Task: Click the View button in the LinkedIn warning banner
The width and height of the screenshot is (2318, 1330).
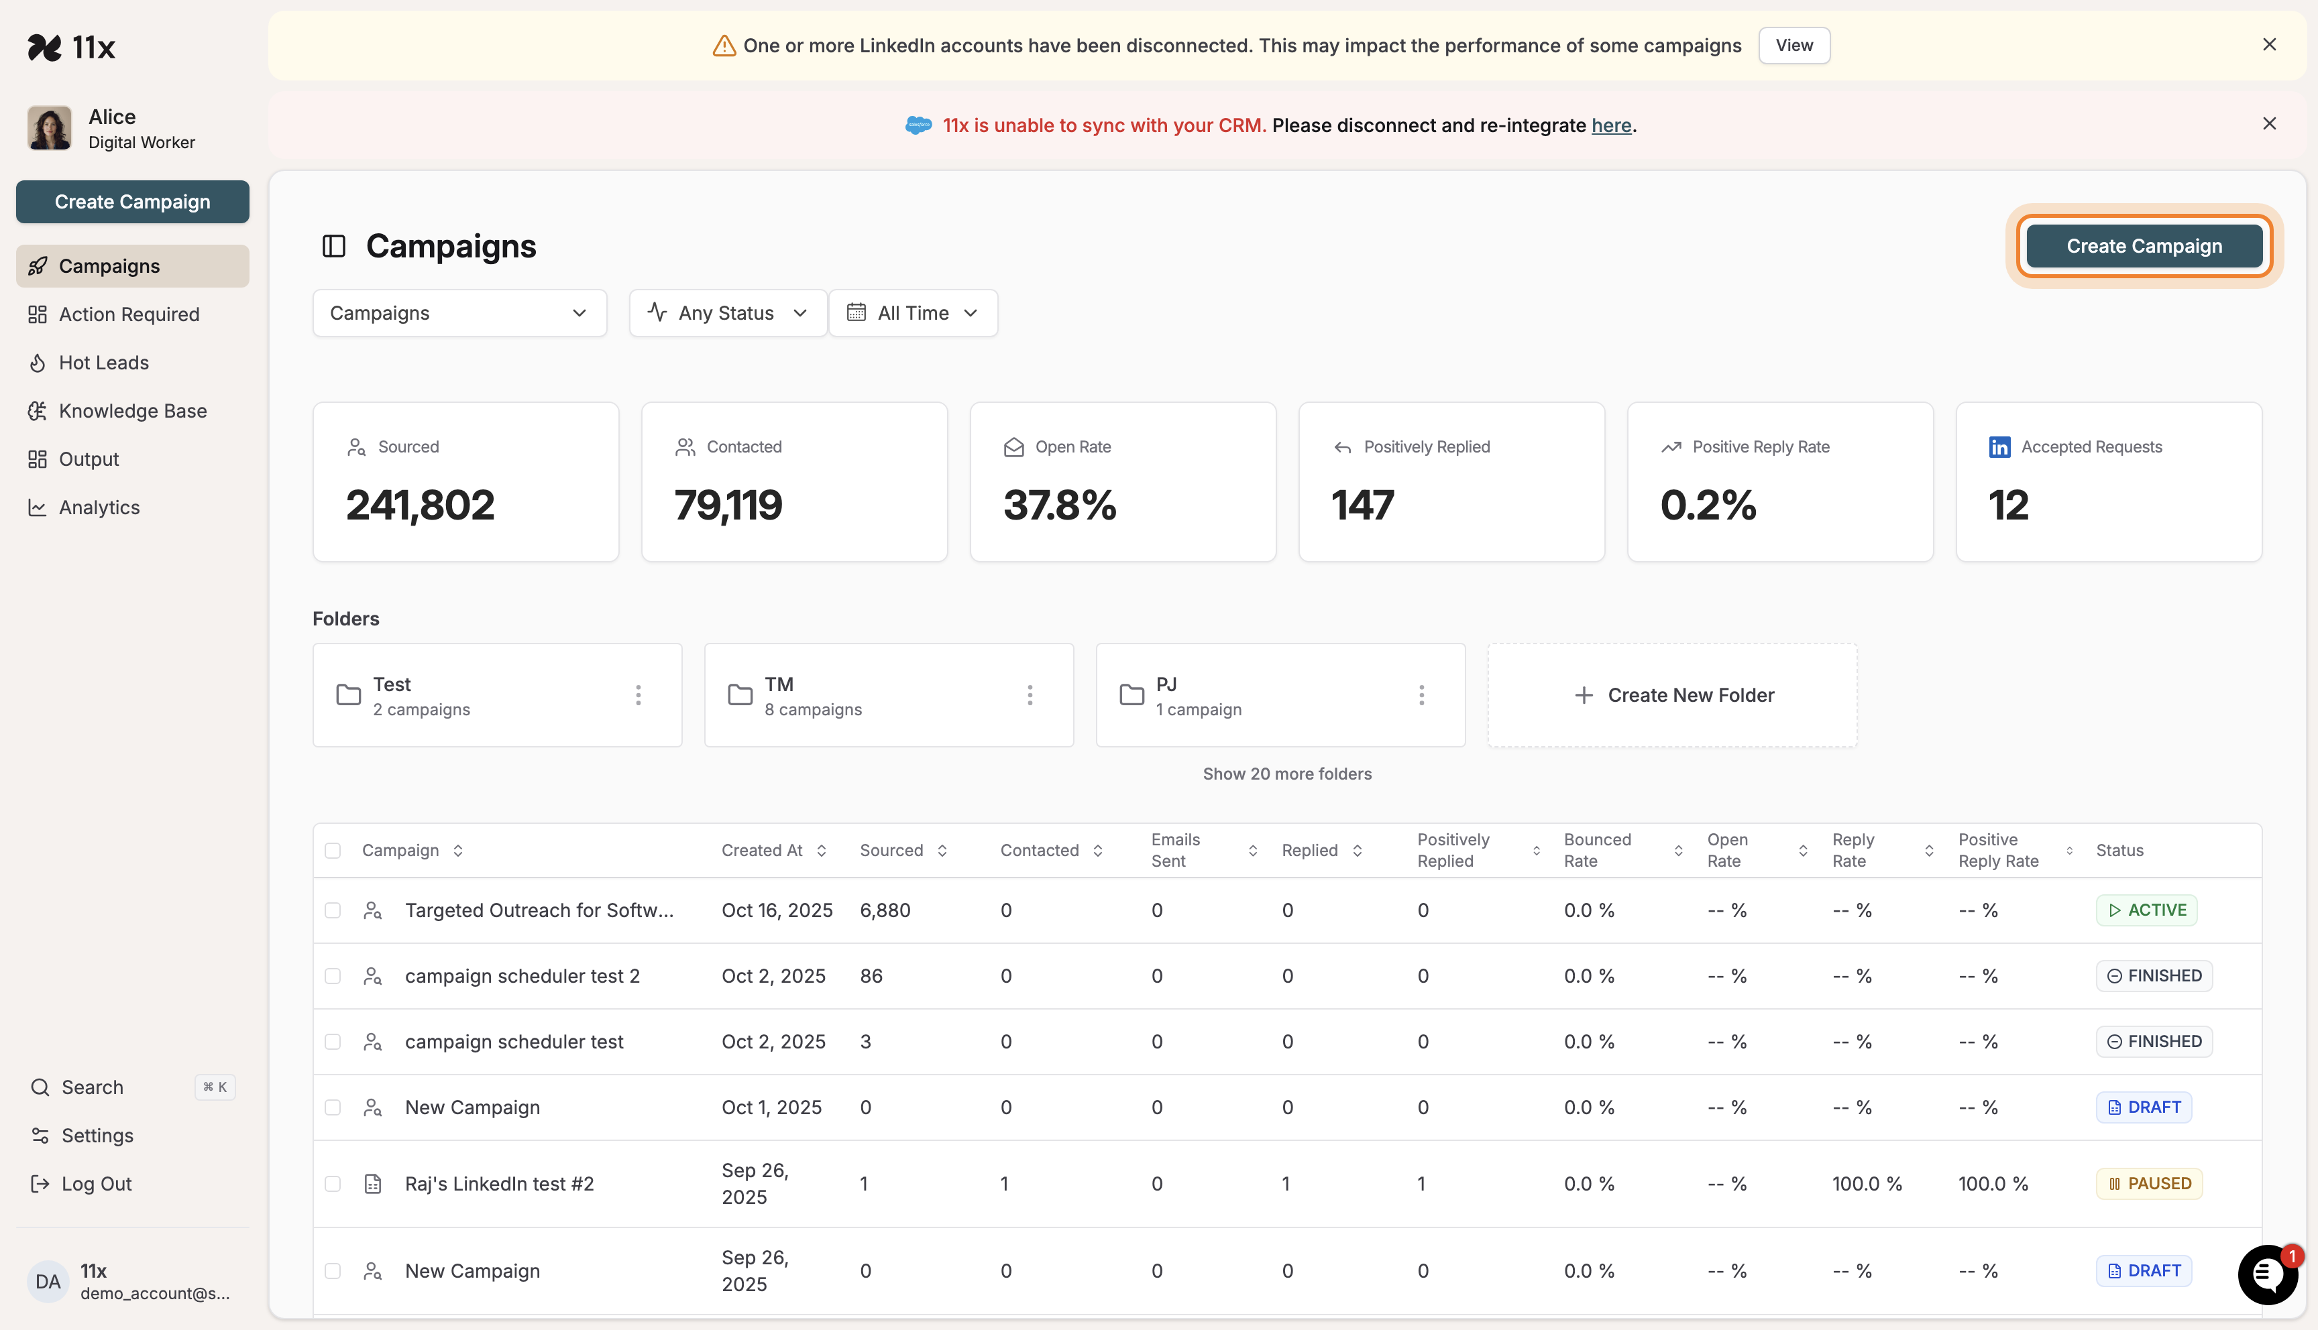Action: click(x=1793, y=46)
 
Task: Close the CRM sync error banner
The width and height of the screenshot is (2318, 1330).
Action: click(x=2268, y=123)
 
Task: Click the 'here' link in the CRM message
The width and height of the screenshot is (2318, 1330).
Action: click(x=1611, y=125)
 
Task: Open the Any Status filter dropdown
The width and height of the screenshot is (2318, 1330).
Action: click(x=727, y=313)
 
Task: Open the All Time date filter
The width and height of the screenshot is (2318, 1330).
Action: click(x=913, y=313)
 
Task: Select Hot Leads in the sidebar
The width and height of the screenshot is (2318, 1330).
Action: click(x=103, y=363)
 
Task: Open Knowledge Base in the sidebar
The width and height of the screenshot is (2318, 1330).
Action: click(x=133, y=411)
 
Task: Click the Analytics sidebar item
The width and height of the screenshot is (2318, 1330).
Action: click(x=99, y=508)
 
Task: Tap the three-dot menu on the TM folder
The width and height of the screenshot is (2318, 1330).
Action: click(x=1030, y=695)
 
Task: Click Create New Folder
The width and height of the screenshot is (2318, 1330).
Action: click(x=1672, y=695)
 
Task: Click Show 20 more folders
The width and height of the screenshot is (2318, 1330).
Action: click(x=1286, y=774)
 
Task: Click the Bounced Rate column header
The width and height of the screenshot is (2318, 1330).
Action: click(x=1596, y=851)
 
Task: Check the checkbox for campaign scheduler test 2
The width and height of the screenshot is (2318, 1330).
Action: click(x=333, y=977)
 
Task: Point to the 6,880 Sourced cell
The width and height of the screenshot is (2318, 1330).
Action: click(x=885, y=911)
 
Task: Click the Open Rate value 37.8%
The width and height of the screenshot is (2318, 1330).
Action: click(x=1059, y=505)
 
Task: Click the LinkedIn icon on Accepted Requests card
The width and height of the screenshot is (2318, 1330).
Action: click(x=1999, y=446)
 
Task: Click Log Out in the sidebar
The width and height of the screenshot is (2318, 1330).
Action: click(x=96, y=1184)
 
